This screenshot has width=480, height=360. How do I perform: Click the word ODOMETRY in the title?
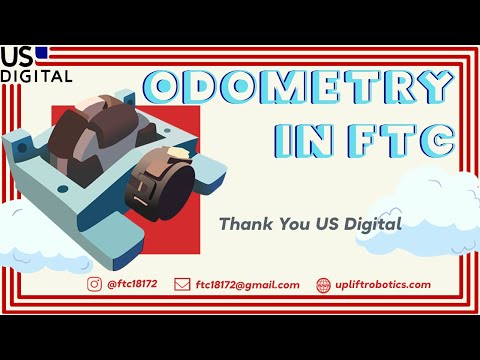point(298,87)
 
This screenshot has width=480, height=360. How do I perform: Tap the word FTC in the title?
point(401,140)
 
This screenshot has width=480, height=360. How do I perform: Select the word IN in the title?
point(304,140)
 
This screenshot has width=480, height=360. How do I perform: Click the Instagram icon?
point(94,284)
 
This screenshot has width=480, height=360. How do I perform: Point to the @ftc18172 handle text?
point(132,284)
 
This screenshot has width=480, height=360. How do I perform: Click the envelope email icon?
point(182,285)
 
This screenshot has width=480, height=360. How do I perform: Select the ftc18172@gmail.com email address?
point(247,285)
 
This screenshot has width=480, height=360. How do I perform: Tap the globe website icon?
point(323,285)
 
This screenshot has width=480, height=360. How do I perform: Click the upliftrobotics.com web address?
point(383,285)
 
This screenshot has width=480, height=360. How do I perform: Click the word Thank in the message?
point(246,223)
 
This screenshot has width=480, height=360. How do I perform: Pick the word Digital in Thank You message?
point(373,224)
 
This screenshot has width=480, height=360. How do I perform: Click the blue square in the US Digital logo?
point(42,53)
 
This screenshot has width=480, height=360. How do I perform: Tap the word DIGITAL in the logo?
point(36,76)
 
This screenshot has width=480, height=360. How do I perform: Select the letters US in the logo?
point(17,57)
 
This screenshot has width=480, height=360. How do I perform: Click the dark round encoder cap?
point(176,191)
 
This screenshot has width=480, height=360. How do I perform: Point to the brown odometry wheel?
point(93,133)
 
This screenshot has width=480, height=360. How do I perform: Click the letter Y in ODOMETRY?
point(436,87)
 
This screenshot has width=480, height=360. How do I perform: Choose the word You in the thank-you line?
point(294,224)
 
